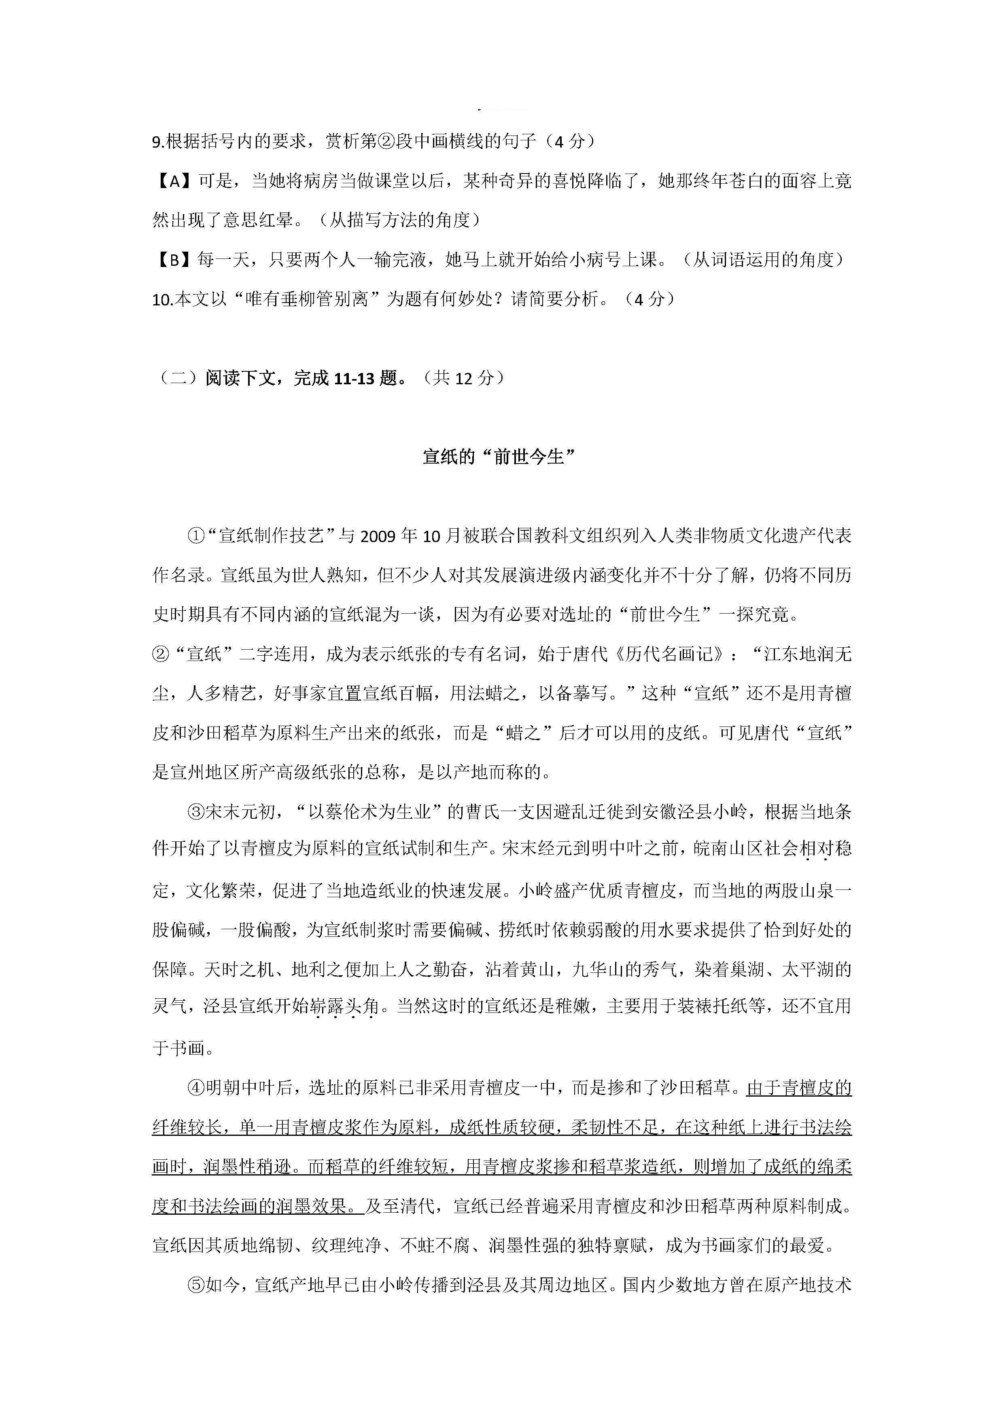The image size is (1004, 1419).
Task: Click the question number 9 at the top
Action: (157, 142)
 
